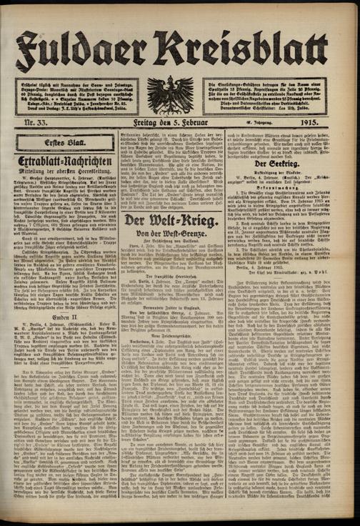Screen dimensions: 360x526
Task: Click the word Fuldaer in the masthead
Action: pos(86,49)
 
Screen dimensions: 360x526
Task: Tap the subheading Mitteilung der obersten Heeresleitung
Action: pos(64,172)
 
